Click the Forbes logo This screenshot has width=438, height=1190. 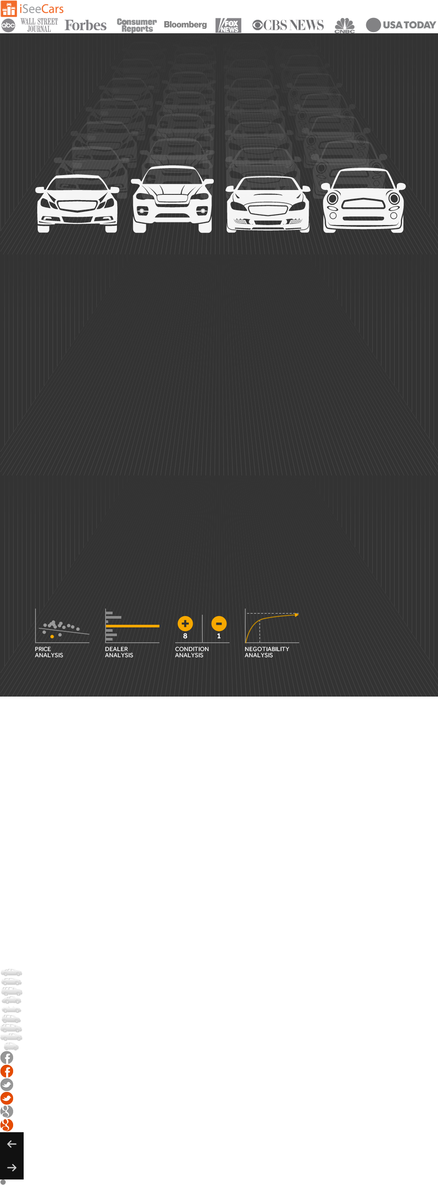coord(85,25)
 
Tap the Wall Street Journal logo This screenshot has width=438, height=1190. coord(39,25)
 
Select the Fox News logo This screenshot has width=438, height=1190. coord(228,25)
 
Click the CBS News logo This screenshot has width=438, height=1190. coord(288,25)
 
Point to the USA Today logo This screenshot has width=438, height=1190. coord(401,25)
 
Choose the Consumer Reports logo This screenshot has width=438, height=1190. coord(137,25)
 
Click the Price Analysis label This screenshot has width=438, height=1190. coord(49,652)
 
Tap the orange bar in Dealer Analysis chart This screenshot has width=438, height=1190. coord(133,626)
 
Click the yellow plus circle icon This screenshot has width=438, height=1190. coord(185,623)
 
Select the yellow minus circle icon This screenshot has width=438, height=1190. coord(219,623)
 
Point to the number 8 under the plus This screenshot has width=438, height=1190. coord(185,636)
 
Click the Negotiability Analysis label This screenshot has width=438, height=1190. coord(267,652)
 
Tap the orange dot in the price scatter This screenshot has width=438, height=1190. coord(52,637)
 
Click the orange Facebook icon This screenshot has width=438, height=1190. coord(7,1071)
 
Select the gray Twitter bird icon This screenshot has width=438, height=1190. coord(7,1084)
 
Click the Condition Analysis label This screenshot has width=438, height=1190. coord(192,652)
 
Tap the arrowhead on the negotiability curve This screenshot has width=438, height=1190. coord(297,614)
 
